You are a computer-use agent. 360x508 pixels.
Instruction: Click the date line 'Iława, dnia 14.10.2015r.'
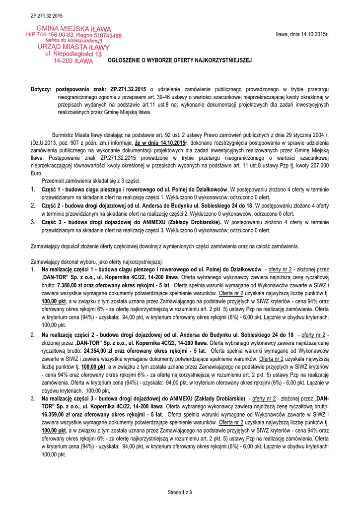pos(302,34)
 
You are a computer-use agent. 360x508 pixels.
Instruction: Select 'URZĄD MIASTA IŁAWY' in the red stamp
pos(73,47)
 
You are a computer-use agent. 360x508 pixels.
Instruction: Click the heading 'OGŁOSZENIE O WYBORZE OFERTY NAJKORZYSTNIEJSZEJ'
pos(180,60)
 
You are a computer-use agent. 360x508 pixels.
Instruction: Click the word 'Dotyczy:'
pos(41,89)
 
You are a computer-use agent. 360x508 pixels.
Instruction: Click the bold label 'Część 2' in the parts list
pos(52,205)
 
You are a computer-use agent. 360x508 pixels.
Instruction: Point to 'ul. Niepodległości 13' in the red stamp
pos(73,54)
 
